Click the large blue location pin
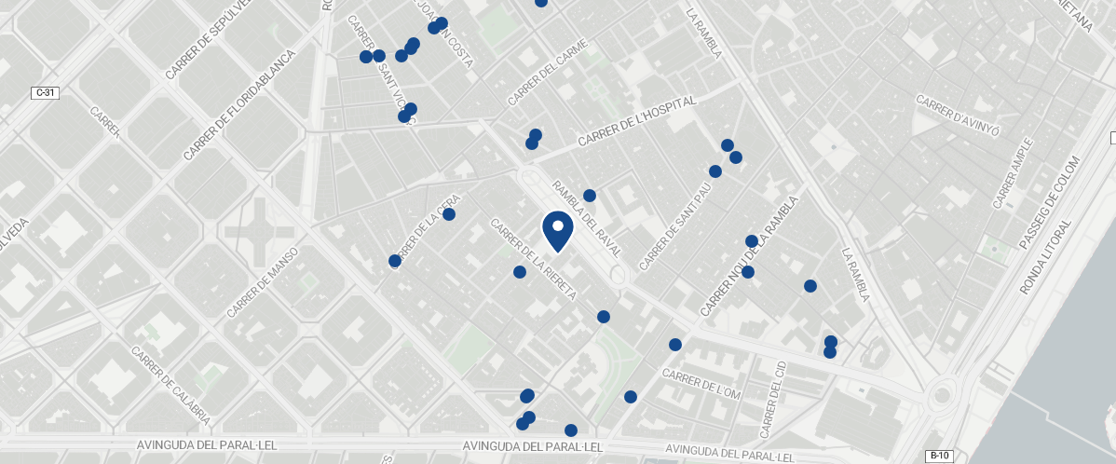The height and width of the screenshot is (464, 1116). (x=557, y=230)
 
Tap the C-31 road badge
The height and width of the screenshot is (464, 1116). (x=44, y=92)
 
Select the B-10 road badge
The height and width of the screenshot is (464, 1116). (x=939, y=456)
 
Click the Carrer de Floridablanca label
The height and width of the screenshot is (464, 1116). (x=238, y=104)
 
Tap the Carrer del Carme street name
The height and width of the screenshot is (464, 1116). (x=547, y=72)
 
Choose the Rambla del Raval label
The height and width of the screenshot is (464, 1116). (x=587, y=220)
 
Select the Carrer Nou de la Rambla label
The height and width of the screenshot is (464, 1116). (x=749, y=255)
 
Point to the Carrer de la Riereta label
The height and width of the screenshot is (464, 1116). (x=534, y=259)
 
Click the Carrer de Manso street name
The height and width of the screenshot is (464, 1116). (x=262, y=282)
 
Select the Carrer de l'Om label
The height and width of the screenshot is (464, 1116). (x=701, y=383)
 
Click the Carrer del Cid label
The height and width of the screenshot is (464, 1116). (x=772, y=399)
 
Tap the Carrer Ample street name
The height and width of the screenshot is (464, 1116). (x=1013, y=173)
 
